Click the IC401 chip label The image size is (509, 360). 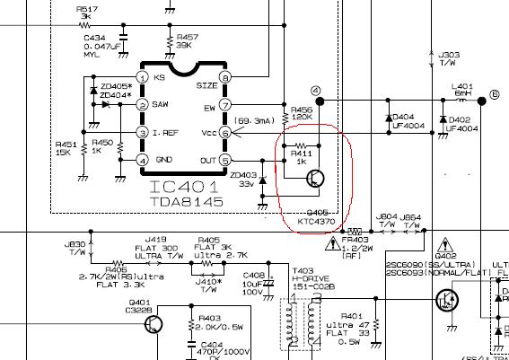tap(185, 188)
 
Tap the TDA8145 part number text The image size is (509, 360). tap(184, 203)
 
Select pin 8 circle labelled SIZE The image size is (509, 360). tap(226, 78)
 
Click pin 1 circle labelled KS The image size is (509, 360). tap(143, 78)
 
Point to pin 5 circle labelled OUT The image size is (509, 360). tap(226, 161)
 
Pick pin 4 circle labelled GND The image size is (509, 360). tap(143, 161)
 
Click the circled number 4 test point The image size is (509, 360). tap(315, 91)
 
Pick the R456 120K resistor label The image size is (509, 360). tap(301, 113)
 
